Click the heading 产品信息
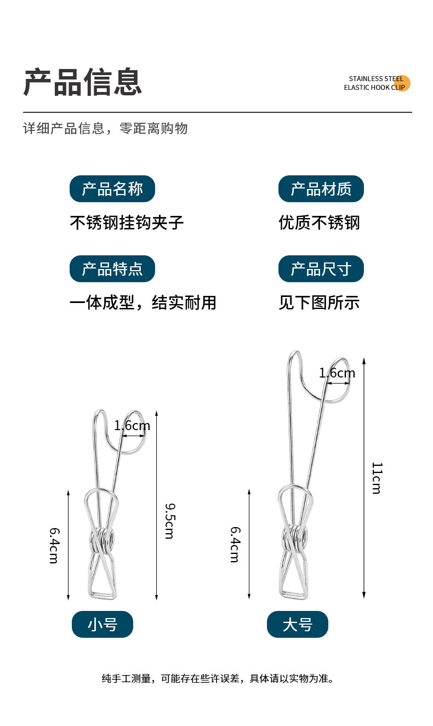(x=83, y=82)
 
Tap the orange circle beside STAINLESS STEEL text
(x=402, y=83)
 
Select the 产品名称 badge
(x=112, y=188)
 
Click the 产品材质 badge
(x=321, y=188)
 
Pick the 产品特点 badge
(x=112, y=268)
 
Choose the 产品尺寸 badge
(x=321, y=268)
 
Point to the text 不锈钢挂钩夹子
(x=127, y=222)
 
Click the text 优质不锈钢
(x=319, y=222)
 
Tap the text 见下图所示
(x=319, y=302)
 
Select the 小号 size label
(x=102, y=624)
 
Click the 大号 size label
(x=298, y=624)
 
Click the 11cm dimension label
(x=377, y=478)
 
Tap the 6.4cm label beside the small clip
(x=54, y=546)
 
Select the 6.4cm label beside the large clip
(x=235, y=545)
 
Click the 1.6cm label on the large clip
(x=337, y=373)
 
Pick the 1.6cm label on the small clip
(x=132, y=426)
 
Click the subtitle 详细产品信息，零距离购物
(x=105, y=128)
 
